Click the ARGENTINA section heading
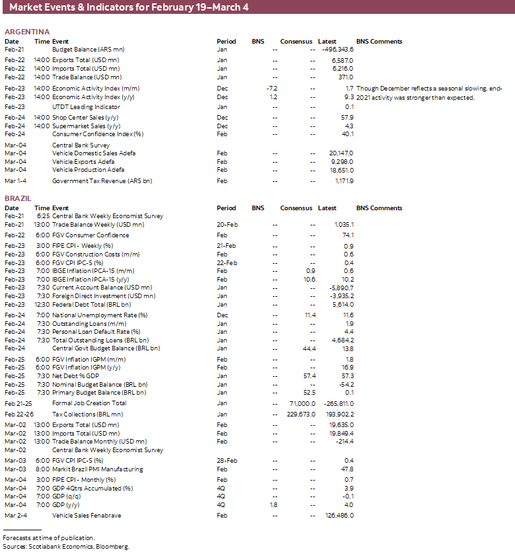coord(27,32)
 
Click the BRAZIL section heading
coord(19,198)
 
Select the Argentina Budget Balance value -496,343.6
coord(337,50)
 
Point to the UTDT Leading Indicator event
coord(86,106)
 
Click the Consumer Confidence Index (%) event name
coord(98,134)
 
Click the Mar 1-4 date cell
coord(16,180)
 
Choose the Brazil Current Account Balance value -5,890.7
coord(340,288)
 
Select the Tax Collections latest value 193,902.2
coord(338,414)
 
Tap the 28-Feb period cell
coord(227,460)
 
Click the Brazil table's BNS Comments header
coord(379,208)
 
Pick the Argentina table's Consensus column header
coord(296,41)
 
